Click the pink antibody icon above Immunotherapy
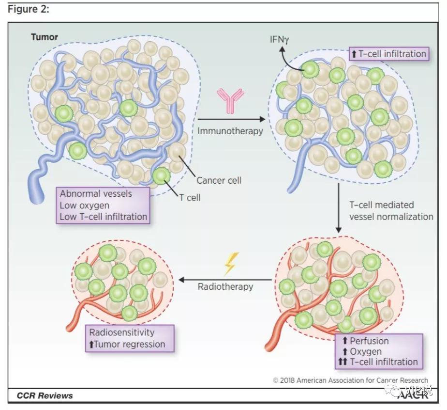pos(230,101)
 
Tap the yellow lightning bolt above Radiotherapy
pos(229,264)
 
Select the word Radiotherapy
pos(225,286)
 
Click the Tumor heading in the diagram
pos(45,37)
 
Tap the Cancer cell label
pos(219,180)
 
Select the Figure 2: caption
pos(28,9)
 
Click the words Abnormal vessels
pos(96,194)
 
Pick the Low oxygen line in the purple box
pos(85,205)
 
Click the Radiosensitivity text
pos(122,332)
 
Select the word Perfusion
pos(370,341)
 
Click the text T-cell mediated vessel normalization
pos(391,211)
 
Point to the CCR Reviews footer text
pos(45,395)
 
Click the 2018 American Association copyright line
pos(351,380)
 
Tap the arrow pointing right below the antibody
pos(232,119)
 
